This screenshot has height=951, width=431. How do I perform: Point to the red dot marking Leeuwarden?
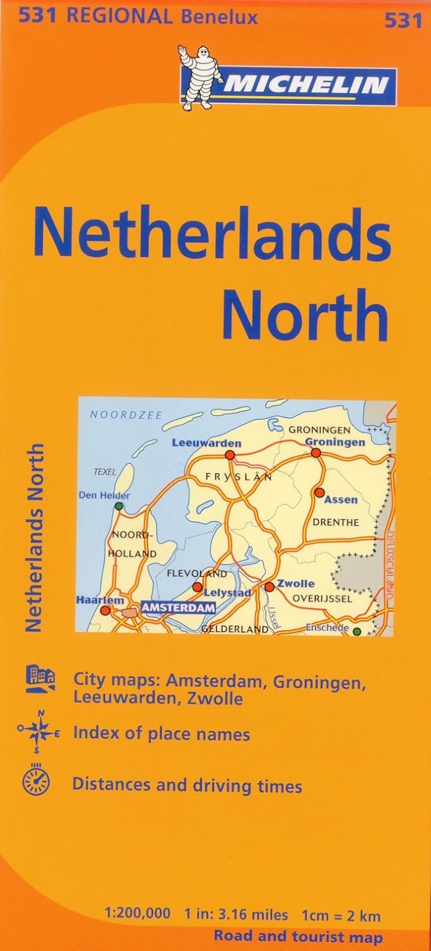230,455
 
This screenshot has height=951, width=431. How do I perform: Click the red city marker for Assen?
319,492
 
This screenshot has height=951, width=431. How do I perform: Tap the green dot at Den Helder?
118,506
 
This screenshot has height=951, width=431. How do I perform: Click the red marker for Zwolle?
269,586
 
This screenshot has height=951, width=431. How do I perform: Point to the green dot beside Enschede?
357,631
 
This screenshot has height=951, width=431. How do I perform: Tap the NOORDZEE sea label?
117,414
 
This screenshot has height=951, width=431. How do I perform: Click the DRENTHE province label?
335,522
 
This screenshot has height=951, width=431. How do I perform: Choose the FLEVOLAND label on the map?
197,573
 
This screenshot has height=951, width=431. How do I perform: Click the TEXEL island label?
105,472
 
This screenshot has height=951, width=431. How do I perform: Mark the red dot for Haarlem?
105,611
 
